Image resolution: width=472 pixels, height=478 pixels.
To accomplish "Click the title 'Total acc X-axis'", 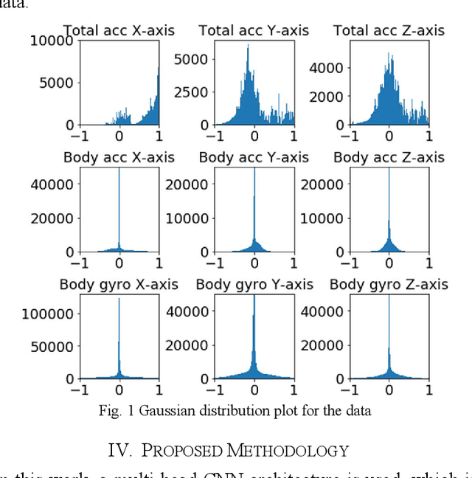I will coord(119,31).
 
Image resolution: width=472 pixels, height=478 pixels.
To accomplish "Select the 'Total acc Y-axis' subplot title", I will coord(254,31).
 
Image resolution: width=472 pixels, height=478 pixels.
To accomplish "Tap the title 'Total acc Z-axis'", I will coord(389,31).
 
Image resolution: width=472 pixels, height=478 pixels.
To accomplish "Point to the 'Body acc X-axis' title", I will coord(119,158).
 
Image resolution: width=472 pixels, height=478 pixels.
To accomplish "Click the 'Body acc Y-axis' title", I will coord(254,158).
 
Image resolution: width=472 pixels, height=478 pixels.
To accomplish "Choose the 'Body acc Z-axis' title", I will coord(389,158).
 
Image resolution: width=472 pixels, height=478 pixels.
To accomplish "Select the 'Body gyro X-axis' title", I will coord(119,285).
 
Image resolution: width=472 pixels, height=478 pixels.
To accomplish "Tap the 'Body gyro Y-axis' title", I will coord(254,285).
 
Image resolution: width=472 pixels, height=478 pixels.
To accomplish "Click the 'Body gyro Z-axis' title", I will coord(389,285).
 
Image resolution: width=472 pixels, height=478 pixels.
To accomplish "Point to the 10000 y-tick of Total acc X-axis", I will coord(51,41).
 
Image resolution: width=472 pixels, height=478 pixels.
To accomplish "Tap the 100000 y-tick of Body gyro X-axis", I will coord(47,314).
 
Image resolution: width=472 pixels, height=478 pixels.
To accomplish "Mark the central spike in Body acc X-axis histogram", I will coord(119,214).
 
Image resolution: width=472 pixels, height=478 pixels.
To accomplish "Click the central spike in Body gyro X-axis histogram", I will coord(119,339).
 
